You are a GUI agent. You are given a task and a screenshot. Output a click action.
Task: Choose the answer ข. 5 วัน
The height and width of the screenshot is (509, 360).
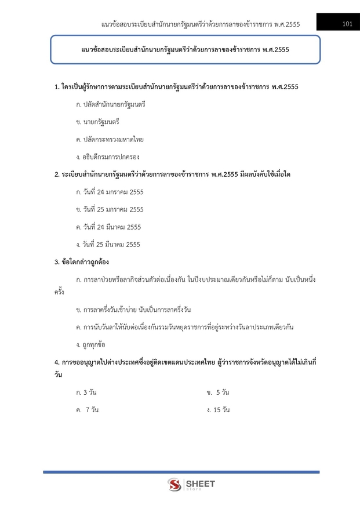[218, 392]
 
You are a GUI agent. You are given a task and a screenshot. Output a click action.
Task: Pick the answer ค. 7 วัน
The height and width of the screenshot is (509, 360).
[87, 410]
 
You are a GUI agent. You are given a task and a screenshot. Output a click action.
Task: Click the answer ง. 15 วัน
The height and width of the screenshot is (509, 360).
[218, 410]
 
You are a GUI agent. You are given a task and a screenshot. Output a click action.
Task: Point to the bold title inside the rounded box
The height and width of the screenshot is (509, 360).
[185, 50]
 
